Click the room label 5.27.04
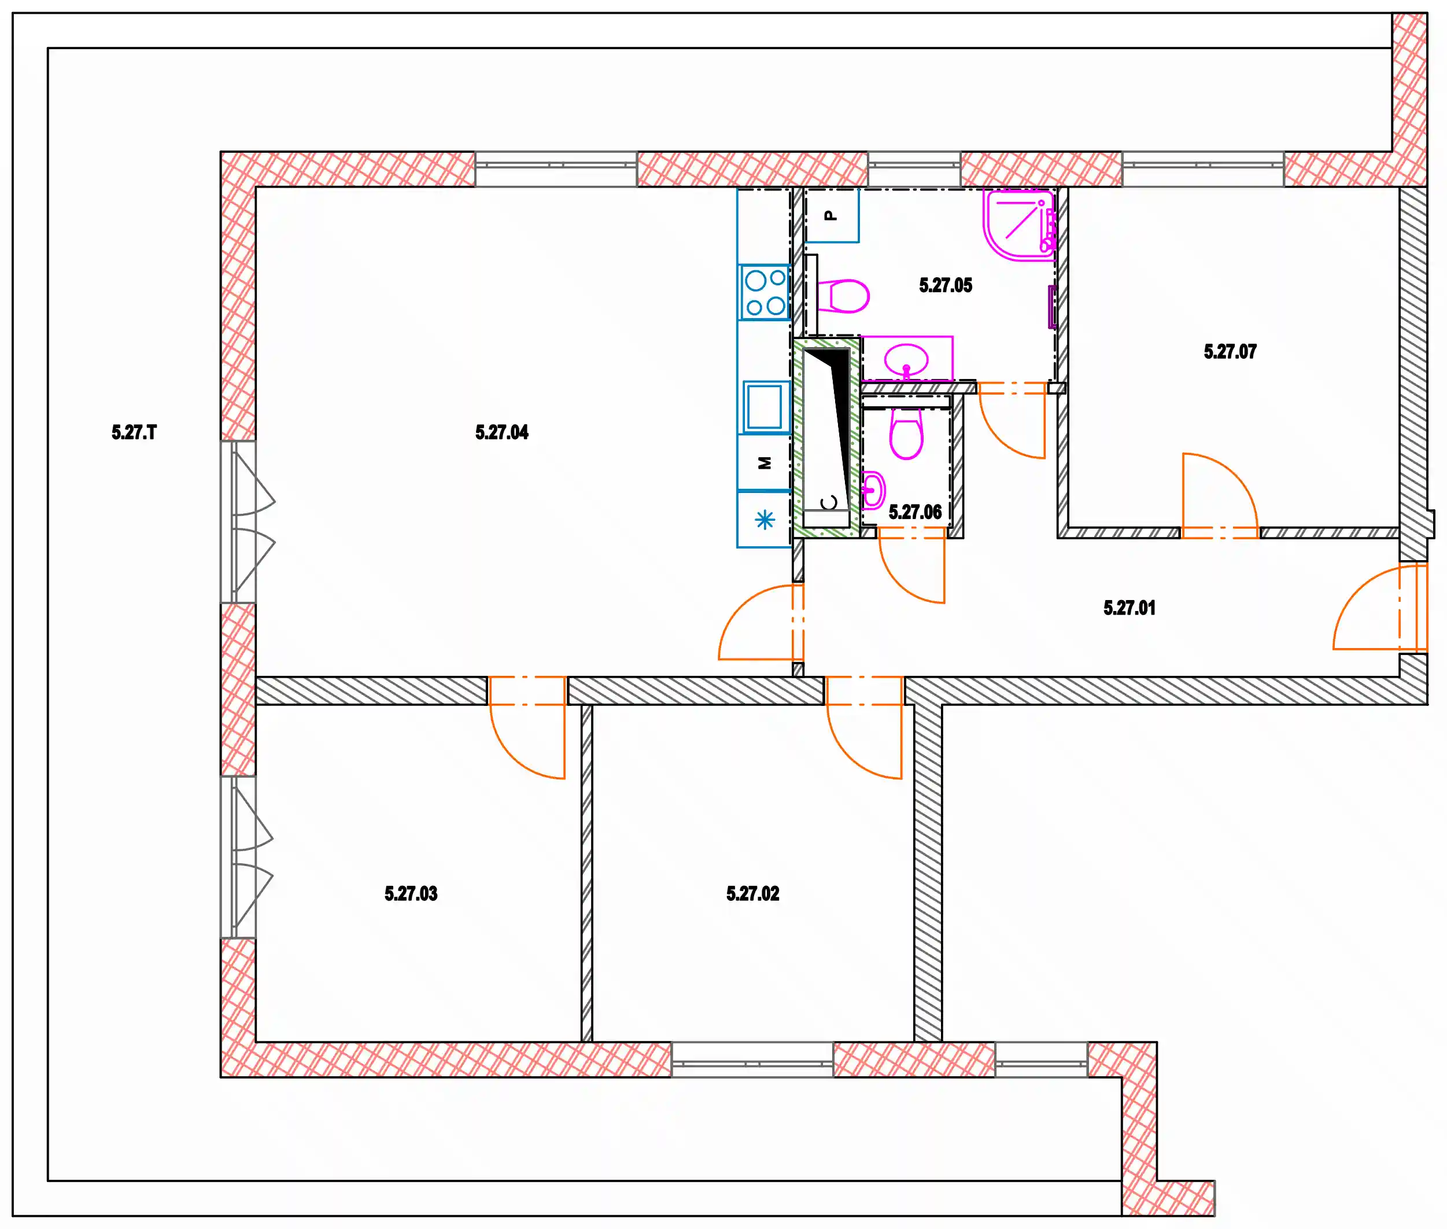pyautogui.click(x=501, y=433)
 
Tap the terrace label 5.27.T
pyautogui.click(x=134, y=433)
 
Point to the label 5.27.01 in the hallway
pyautogui.click(x=1129, y=608)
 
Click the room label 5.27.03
pyautogui.click(x=411, y=894)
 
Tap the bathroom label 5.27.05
pyautogui.click(x=945, y=286)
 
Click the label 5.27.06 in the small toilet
pyautogui.click(x=914, y=513)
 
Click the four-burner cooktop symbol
pyautogui.click(x=765, y=293)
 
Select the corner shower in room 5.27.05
pyautogui.click(x=1020, y=225)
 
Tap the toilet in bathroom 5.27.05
pyautogui.click(x=843, y=296)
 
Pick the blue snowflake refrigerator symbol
pyautogui.click(x=765, y=520)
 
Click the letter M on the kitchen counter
pyautogui.click(x=765, y=463)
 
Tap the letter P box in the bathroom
pyautogui.click(x=832, y=215)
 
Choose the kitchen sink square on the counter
pyautogui.click(x=765, y=407)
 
